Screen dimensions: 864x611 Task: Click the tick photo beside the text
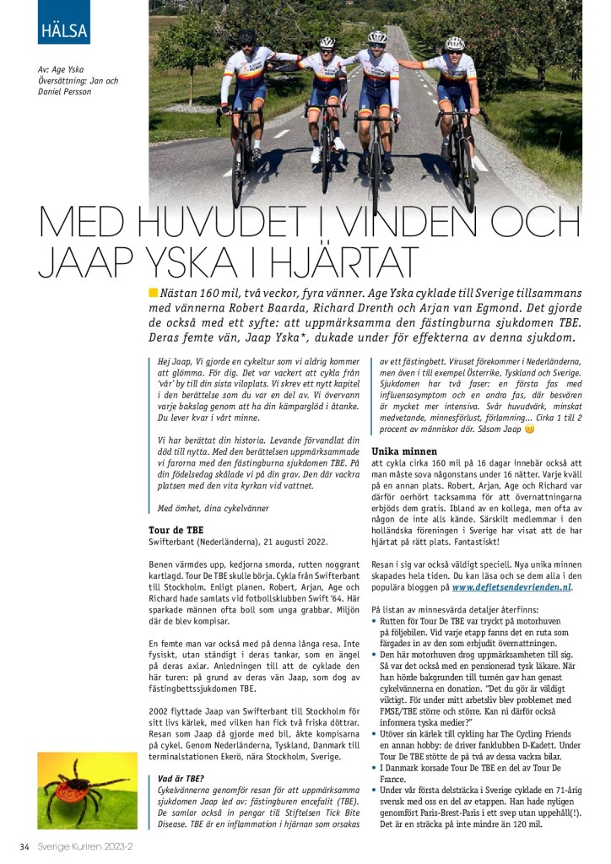(78, 791)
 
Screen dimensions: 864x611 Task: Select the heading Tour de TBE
(176, 530)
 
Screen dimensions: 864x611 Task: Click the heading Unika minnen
(404, 451)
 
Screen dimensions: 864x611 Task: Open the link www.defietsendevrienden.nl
(511, 586)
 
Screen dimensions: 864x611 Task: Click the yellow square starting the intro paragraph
(154, 293)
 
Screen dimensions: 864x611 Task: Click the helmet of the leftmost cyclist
(246, 36)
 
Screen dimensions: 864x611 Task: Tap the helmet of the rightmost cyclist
(455, 42)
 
